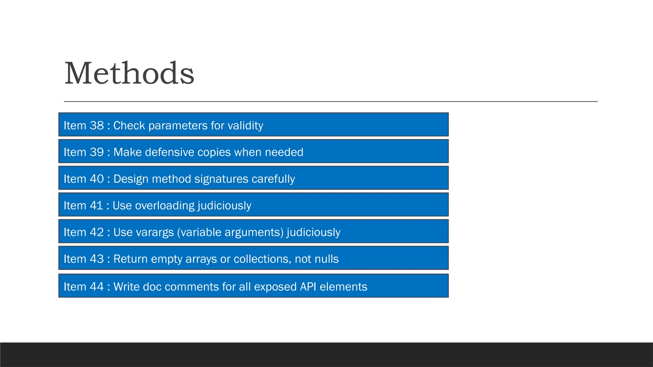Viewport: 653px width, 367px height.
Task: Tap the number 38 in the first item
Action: point(97,126)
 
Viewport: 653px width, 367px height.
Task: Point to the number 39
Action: point(97,152)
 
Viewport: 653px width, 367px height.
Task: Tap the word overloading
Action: point(165,206)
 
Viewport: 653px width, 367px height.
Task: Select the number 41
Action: point(96,206)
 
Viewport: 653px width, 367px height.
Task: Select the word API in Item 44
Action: point(308,287)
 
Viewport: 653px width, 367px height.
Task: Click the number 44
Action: point(97,287)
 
